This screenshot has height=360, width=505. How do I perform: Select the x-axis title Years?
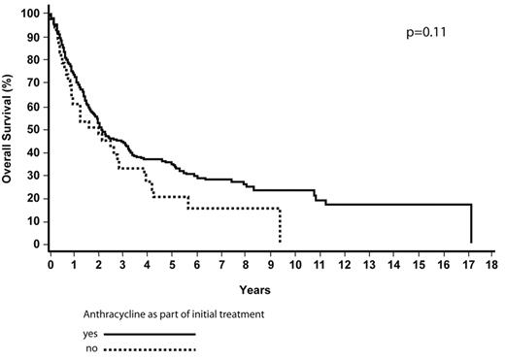pyautogui.click(x=256, y=288)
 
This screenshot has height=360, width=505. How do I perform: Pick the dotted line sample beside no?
pyautogui.click(x=150, y=349)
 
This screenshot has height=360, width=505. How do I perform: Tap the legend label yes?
pyautogui.click(x=90, y=333)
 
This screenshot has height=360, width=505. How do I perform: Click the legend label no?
pyautogui.click(x=92, y=349)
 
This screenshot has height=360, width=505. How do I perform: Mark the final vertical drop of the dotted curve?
pyautogui.click(x=280, y=226)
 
